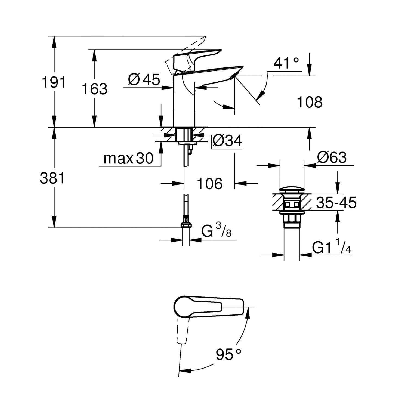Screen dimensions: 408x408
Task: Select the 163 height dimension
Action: (x=95, y=89)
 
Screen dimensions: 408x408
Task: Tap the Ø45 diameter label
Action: (x=144, y=80)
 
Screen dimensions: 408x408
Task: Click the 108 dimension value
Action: (x=310, y=102)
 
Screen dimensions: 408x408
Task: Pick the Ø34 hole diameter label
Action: (x=227, y=141)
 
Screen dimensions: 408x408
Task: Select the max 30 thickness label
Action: (x=128, y=158)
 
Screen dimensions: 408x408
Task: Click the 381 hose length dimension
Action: (x=52, y=178)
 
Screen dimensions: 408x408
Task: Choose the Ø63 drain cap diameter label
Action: (x=332, y=157)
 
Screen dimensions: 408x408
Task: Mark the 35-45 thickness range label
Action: (x=336, y=203)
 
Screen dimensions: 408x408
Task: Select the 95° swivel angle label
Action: (x=228, y=354)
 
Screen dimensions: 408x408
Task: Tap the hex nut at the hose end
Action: (x=186, y=225)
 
